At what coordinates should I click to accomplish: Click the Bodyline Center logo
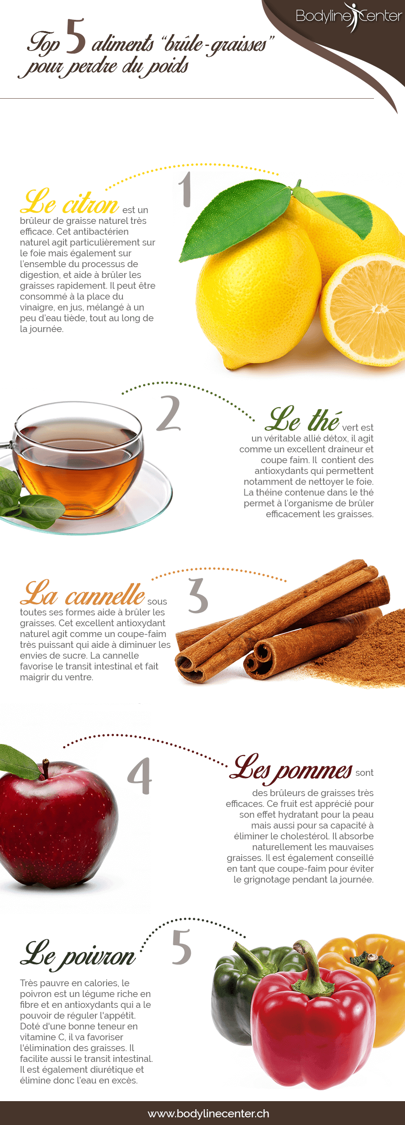point(349,17)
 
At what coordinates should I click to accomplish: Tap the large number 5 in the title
point(76,36)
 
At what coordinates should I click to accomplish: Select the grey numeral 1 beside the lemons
point(185,189)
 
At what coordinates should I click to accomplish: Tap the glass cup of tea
point(76,460)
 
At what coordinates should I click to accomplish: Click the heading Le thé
point(303,419)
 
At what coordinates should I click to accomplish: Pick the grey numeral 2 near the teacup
point(169,413)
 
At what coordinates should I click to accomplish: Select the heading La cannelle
point(83,593)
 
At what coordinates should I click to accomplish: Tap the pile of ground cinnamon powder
point(360,649)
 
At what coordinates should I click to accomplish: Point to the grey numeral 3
point(198,596)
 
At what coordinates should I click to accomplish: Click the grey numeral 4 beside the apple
point(140,776)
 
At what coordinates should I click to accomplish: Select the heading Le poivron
point(78,956)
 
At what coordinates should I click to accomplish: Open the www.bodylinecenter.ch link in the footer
point(208,1113)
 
